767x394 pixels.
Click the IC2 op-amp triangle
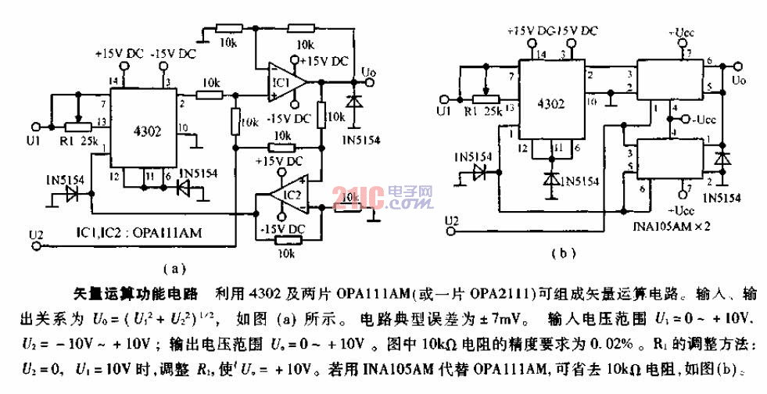[281, 202]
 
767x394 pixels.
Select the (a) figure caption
[178, 269]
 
